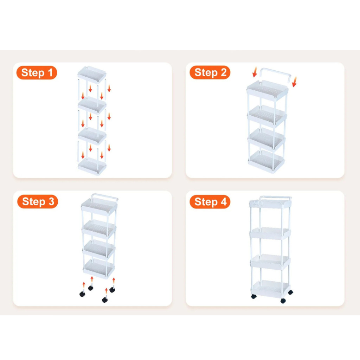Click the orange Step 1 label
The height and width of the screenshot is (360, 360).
(37, 73)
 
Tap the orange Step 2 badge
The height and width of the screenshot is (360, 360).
(210, 72)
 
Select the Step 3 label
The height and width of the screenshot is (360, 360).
(38, 201)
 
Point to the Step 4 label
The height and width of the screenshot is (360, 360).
(210, 202)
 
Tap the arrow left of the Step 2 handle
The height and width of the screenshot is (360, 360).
(255, 72)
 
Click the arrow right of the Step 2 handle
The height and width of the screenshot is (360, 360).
(294, 82)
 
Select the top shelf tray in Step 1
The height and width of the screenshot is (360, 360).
(92, 74)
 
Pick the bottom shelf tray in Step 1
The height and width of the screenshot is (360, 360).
(92, 166)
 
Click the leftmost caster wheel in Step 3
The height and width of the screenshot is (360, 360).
(82, 294)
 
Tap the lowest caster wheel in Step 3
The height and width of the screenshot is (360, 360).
(105, 300)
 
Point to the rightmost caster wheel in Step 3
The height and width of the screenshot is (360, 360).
(112, 290)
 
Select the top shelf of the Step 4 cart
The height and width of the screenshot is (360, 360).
(270, 204)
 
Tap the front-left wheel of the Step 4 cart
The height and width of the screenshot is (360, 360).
(254, 296)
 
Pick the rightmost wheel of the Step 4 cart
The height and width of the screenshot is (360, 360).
(290, 292)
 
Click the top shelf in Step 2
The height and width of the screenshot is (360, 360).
(268, 90)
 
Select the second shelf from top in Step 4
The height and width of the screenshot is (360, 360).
(270, 233)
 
